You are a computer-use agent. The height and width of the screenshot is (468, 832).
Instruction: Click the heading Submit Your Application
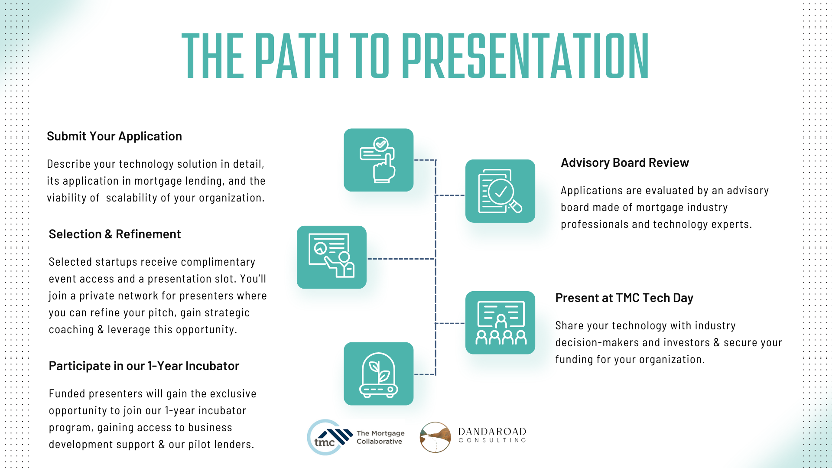(x=114, y=136)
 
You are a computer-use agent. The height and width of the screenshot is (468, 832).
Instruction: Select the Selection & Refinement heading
(x=115, y=234)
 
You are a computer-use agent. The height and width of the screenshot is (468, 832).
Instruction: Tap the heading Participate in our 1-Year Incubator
(x=144, y=366)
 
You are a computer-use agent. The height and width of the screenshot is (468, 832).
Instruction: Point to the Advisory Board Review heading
(x=624, y=162)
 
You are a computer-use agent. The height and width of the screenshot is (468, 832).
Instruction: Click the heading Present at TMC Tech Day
(x=624, y=298)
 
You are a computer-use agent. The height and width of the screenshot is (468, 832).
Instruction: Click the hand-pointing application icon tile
(x=378, y=160)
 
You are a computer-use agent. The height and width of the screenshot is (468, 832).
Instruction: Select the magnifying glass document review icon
(x=500, y=191)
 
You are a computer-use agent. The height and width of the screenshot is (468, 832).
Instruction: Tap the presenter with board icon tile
(x=331, y=257)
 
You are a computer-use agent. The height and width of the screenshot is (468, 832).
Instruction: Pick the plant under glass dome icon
(x=378, y=374)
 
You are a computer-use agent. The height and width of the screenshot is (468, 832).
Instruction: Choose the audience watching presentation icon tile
(x=500, y=322)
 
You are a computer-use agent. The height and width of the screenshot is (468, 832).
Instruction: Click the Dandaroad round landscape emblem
(x=435, y=437)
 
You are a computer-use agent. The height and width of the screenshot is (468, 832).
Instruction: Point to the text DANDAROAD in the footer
(x=492, y=432)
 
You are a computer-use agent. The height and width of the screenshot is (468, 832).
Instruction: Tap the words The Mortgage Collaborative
(x=380, y=437)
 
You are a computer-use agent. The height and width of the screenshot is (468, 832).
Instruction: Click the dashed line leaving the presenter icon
(x=401, y=259)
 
